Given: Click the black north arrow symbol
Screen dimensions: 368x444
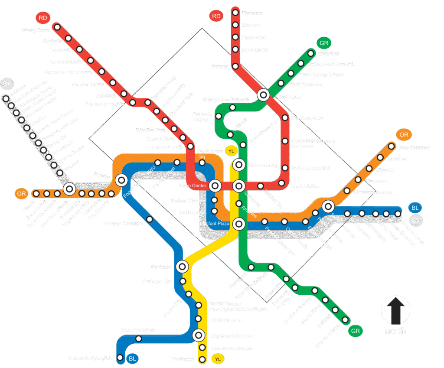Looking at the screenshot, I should [x=395, y=311].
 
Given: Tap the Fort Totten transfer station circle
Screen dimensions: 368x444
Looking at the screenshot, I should [x=263, y=94].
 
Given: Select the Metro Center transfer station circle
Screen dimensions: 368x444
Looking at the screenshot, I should [x=215, y=186].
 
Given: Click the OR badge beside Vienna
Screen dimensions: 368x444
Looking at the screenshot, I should [x=21, y=193].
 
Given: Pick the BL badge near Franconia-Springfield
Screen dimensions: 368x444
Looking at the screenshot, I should [x=132, y=358].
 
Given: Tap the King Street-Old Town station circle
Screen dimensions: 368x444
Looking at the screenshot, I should [x=199, y=335].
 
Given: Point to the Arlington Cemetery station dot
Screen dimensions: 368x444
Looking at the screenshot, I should [x=150, y=219].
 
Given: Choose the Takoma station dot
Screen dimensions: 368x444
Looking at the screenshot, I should [x=235, y=66].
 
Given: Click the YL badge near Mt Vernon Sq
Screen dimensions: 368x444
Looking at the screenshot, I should [x=231, y=151].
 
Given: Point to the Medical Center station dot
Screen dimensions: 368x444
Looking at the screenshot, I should [x=113, y=82].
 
